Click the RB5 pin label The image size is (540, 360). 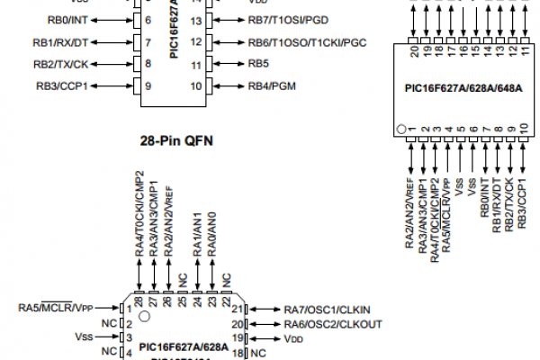pyautogui.click(x=259, y=65)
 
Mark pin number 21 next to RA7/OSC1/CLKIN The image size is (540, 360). pyautogui.click(x=238, y=309)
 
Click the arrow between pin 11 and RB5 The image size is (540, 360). pyautogui.click(x=226, y=65)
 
